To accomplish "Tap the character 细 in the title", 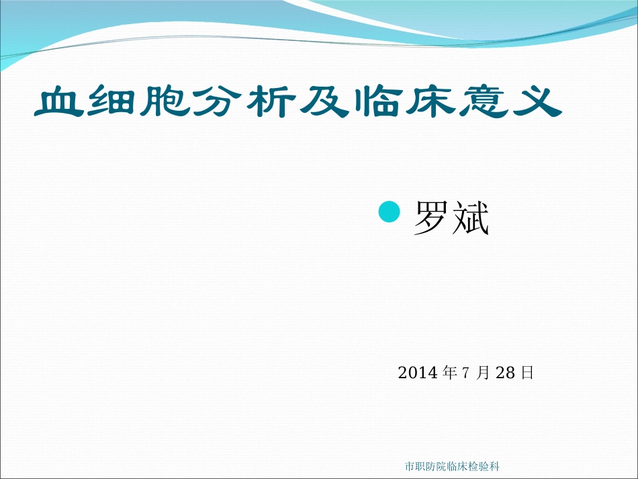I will (115, 101).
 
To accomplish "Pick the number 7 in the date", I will (465, 372).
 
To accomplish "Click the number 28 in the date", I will (504, 372).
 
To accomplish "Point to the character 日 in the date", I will (527, 372).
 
